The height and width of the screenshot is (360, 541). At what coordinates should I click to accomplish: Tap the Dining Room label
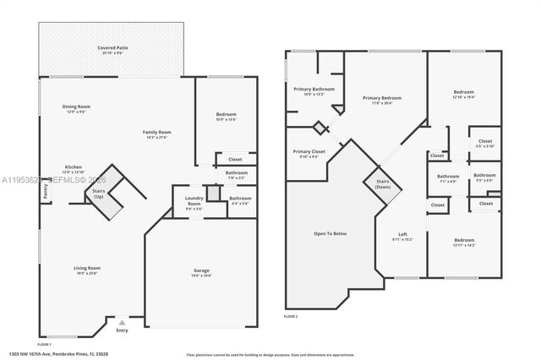point(76,108)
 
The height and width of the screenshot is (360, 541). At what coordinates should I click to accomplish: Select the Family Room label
point(156,134)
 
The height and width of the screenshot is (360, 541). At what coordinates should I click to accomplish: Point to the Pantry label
point(42,193)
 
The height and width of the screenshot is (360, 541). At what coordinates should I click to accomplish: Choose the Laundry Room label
point(194,203)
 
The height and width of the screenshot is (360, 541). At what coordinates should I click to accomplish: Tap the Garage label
point(201,272)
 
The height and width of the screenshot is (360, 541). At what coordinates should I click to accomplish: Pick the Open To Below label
point(331,233)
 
